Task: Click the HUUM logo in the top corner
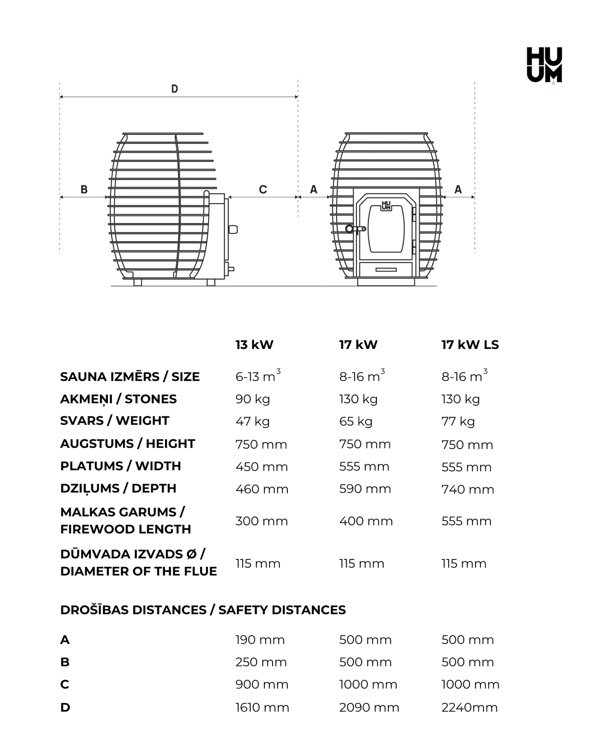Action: pyautogui.click(x=544, y=65)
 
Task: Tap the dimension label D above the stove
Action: pyautogui.click(x=175, y=89)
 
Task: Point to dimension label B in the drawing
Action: pyautogui.click(x=84, y=190)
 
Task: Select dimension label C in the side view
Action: pyautogui.click(x=263, y=190)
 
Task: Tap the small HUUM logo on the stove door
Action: pyautogui.click(x=386, y=206)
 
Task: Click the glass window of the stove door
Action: pyautogui.click(x=386, y=229)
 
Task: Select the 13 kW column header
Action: pyautogui.click(x=254, y=345)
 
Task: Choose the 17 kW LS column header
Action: pyautogui.click(x=470, y=345)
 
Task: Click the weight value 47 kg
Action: pyautogui.click(x=252, y=421)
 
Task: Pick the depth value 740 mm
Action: pyautogui.click(x=468, y=489)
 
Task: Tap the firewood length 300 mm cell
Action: pyautogui.click(x=261, y=521)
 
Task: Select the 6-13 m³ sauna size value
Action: pyautogui.click(x=258, y=376)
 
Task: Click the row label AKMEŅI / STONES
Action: pyautogui.click(x=118, y=399)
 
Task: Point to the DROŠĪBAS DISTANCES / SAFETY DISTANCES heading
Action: pyautogui.click(x=203, y=610)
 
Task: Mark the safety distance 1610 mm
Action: pyautogui.click(x=262, y=708)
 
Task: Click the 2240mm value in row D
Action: pyautogui.click(x=469, y=708)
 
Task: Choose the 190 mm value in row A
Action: pyautogui.click(x=260, y=640)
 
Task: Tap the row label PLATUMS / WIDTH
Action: pyautogui.click(x=121, y=466)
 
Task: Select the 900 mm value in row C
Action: pyautogui.click(x=262, y=685)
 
